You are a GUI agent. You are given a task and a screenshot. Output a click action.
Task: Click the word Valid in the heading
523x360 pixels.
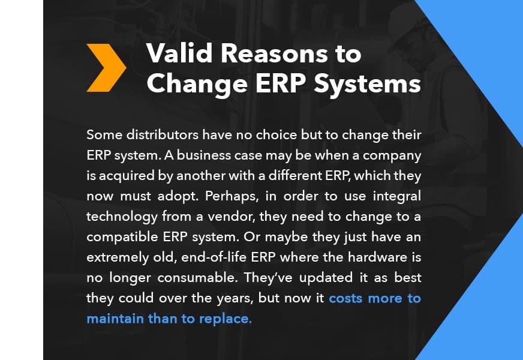[179, 53]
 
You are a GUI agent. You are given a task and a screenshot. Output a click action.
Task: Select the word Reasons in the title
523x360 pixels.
[275, 53]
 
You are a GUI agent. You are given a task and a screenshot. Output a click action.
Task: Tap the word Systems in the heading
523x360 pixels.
[367, 84]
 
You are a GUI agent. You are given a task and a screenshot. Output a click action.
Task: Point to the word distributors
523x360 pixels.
[163, 135]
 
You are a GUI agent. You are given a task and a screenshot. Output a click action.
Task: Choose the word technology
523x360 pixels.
[122, 217]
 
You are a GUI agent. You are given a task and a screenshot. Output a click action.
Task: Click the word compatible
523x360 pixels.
[122, 237]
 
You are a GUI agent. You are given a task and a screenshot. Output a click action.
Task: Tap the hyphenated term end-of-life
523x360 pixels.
[214, 257]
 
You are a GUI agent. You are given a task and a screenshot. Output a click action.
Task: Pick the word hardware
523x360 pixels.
[377, 257]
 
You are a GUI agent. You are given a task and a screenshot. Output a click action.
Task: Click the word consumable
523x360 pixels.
[197, 278]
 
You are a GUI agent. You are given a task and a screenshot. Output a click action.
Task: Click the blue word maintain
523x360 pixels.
[115, 319]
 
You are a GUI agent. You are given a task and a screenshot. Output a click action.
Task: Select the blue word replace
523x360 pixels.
[225, 319]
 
